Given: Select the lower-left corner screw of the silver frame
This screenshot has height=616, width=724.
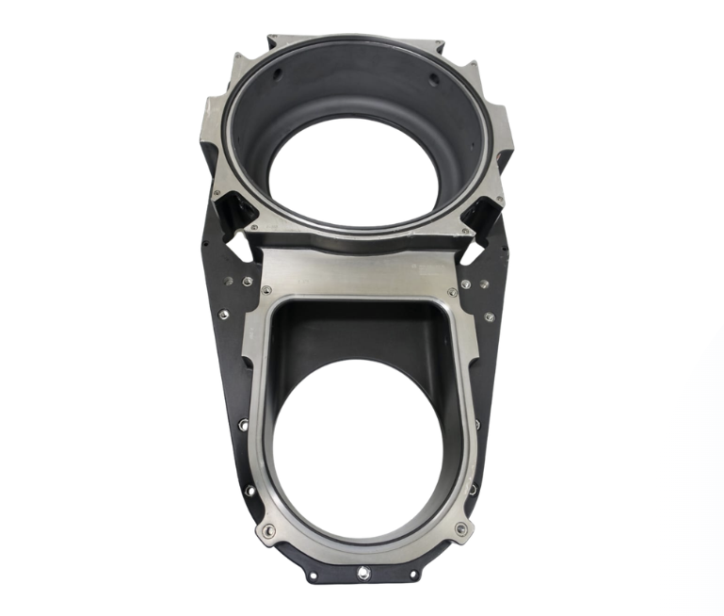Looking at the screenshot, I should [268, 531].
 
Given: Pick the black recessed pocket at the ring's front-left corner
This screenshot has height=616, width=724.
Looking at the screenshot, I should [232, 203].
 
